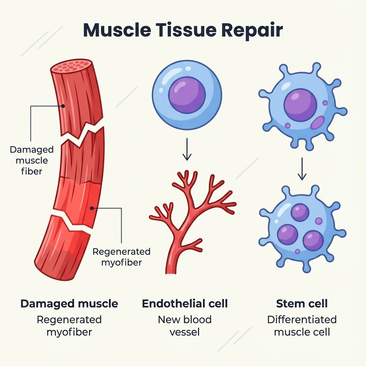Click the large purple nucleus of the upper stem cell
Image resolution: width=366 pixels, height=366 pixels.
coord(300,105)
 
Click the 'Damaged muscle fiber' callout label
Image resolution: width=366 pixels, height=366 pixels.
coord(31,160)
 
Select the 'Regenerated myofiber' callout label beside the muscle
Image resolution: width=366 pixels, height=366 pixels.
coord(122,257)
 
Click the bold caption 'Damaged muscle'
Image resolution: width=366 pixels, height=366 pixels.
coord(69,304)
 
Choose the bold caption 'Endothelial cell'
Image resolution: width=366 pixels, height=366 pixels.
coord(185,304)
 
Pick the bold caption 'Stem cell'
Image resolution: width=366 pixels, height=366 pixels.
coord(302,304)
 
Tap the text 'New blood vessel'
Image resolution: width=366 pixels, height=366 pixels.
coord(185,326)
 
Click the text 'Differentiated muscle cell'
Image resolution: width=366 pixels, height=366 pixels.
coord(302,326)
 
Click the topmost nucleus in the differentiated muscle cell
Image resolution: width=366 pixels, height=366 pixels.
coord(300,213)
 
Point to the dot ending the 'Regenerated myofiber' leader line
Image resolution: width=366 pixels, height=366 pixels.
coord(92,208)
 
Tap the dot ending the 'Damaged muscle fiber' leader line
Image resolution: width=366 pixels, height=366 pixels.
coord(63,106)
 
